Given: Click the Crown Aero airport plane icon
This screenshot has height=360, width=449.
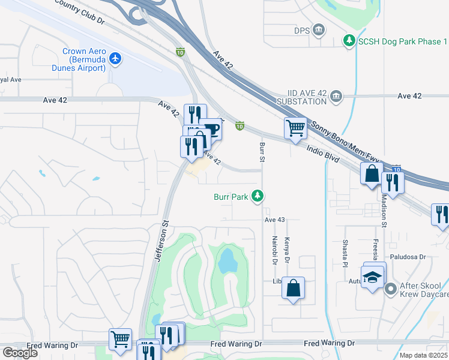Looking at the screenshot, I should [115, 59].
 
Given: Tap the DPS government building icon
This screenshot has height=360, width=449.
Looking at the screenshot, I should [319, 29].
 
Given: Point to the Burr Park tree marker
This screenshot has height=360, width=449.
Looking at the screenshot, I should [258, 196].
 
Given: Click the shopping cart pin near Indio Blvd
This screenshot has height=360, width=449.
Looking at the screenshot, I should [295, 128].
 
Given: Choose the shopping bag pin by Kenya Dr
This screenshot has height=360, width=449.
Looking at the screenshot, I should [293, 288].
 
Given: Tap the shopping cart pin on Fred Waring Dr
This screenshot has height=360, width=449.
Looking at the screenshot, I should [120, 338].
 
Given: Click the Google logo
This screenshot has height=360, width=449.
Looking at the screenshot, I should [20, 352].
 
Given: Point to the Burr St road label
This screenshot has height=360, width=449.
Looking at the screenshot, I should [262, 152].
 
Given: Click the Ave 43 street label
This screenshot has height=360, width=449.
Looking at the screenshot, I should [274, 220].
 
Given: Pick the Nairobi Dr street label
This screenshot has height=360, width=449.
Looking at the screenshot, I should [274, 250].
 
